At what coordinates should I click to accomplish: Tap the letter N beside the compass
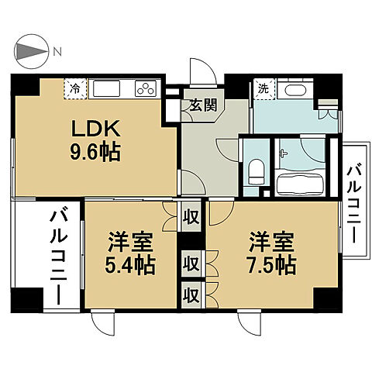click(x=57, y=52)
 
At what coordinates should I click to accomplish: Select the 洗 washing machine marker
click(x=263, y=88)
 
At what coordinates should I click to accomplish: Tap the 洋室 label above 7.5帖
click(x=270, y=240)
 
